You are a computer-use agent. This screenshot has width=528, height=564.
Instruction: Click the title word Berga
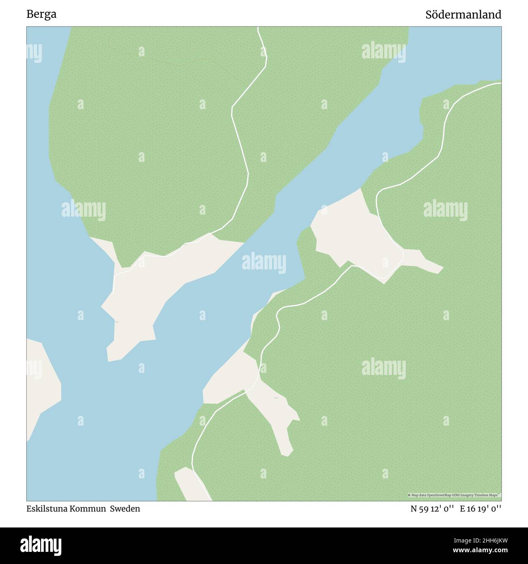click(x=41, y=14)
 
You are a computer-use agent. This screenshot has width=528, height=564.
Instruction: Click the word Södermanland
click(x=463, y=15)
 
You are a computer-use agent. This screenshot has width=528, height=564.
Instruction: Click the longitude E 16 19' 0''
click(x=480, y=508)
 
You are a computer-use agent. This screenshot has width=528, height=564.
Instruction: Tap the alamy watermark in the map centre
click(x=264, y=263)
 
